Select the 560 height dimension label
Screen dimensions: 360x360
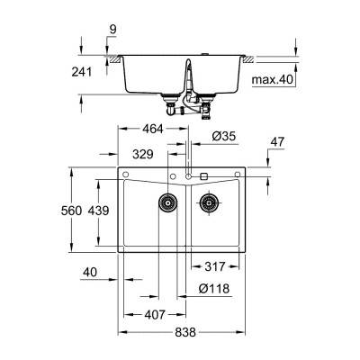click(83, 210)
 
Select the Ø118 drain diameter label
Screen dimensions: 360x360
click(213, 289)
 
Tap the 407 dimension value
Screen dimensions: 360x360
click(155, 315)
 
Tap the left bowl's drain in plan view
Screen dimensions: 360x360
click(167, 203)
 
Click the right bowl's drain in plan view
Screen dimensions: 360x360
click(209, 203)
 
